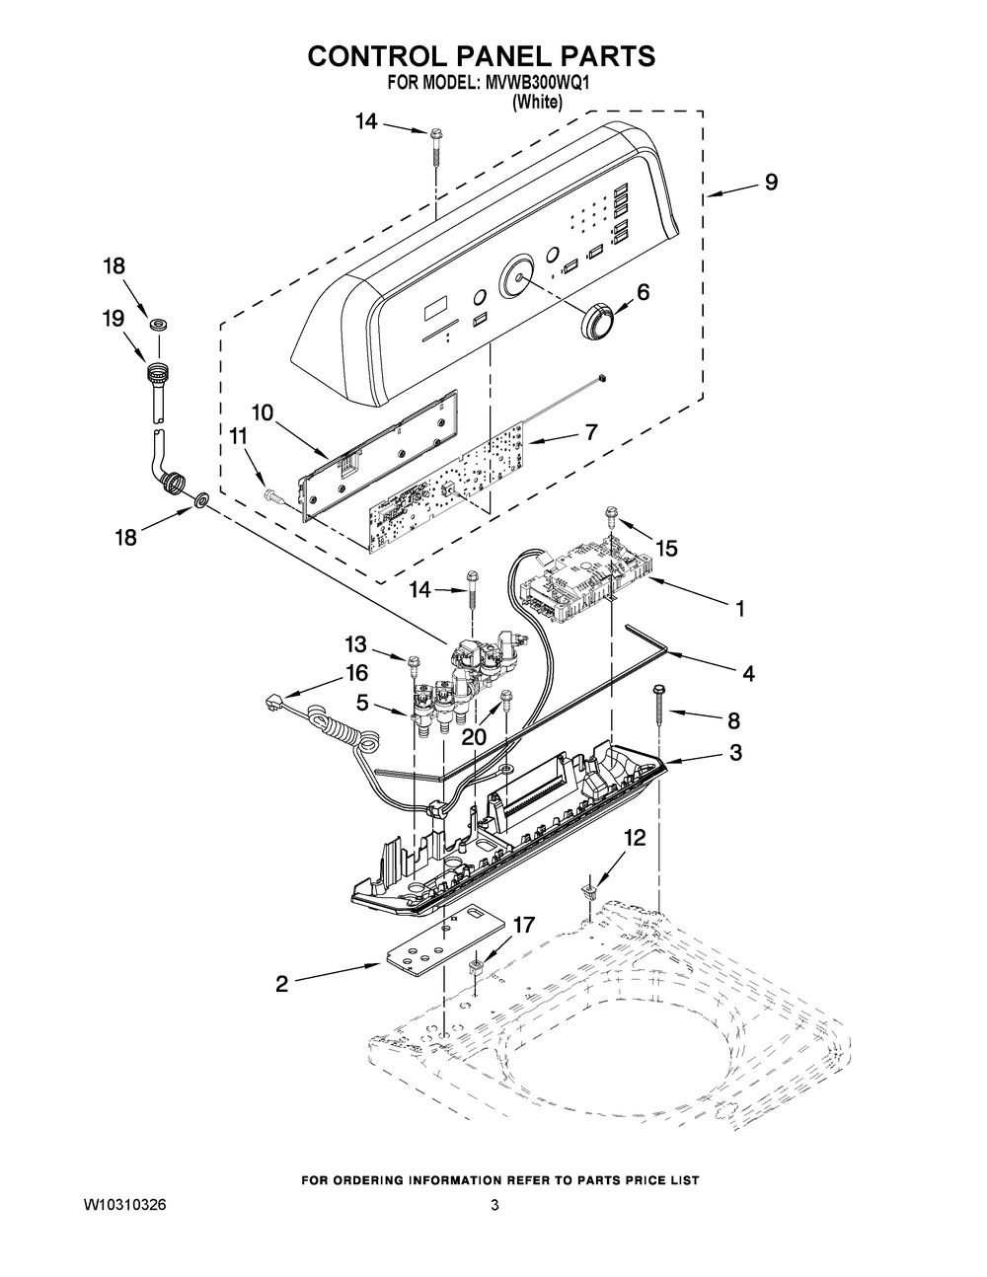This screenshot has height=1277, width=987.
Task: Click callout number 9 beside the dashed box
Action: (771, 183)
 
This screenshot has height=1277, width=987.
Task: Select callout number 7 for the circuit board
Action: (591, 433)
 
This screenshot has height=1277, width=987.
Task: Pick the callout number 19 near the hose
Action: (113, 318)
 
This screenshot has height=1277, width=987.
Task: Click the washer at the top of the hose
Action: (155, 324)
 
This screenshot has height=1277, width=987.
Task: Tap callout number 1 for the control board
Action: (739, 609)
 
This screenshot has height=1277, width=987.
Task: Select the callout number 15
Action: (666, 549)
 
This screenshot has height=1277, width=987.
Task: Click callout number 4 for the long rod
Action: (749, 674)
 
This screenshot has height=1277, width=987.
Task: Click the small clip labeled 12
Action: (589, 891)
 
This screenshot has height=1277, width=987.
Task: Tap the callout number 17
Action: (523, 925)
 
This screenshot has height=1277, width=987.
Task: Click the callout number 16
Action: (355, 673)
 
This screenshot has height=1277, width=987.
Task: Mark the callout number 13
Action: (355, 644)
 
